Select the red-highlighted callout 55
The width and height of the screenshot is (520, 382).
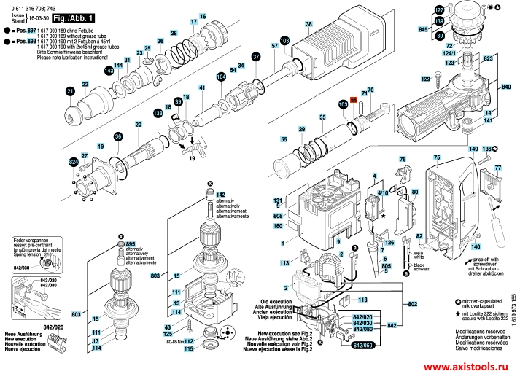click(354, 102)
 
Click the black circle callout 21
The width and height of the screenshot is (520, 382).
click(71, 90)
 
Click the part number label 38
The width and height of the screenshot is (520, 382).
click(308, 25)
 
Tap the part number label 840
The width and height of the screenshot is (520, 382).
click(506, 87)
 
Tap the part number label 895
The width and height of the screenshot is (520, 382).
click(131, 243)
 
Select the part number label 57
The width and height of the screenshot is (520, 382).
click(274, 47)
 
